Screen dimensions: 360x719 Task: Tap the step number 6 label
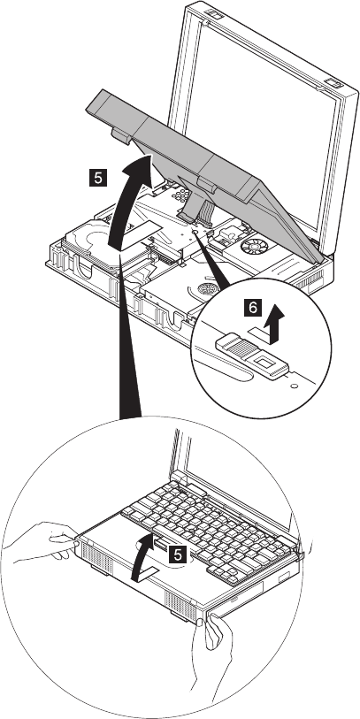(253, 307)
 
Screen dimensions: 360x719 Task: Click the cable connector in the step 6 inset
(252, 356)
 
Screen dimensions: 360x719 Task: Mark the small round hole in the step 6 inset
(295, 385)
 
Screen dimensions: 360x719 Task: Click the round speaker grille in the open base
(205, 289)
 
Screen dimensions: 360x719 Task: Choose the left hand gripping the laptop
(41, 542)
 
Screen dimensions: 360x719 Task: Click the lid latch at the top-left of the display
(214, 14)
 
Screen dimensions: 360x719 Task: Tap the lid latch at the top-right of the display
(332, 83)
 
